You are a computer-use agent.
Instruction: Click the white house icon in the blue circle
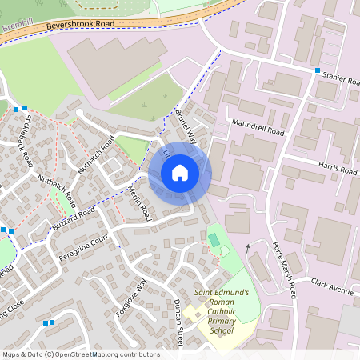tap(179, 172)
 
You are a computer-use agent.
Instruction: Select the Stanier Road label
tap(342, 80)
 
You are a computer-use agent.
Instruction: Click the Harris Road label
tap(338, 170)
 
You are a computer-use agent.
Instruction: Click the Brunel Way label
tap(186, 123)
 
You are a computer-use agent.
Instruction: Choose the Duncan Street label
tap(180, 323)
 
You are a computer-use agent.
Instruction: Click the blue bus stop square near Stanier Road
tap(318, 71)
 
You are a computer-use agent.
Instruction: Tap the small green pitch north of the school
tap(214, 239)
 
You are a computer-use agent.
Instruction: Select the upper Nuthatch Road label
tap(98, 154)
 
